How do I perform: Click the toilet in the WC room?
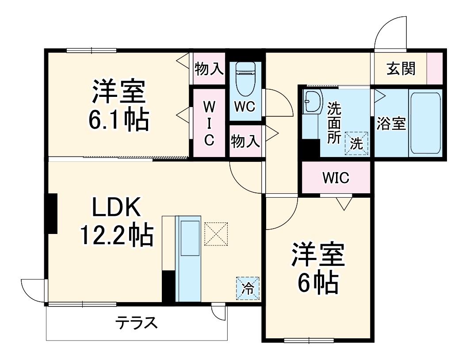pyautogui.click(x=244, y=79)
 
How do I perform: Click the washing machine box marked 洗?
pyautogui.click(x=356, y=143)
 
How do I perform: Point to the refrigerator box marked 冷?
pyautogui.click(x=248, y=288)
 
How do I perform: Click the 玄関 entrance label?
pyautogui.click(x=401, y=69)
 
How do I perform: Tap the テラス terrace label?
pyautogui.click(x=136, y=324)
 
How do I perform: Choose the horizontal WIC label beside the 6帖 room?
pyautogui.click(x=336, y=178)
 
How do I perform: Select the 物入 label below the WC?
pyautogui.click(x=245, y=142)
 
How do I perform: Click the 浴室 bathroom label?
pyautogui.click(x=391, y=124)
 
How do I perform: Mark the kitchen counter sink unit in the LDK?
pyautogui.click(x=189, y=259)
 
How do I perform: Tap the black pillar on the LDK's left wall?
pyautogui.click(x=52, y=214)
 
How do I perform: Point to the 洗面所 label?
pyautogui.click(x=334, y=123)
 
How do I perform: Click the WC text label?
pyautogui.click(x=244, y=107)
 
